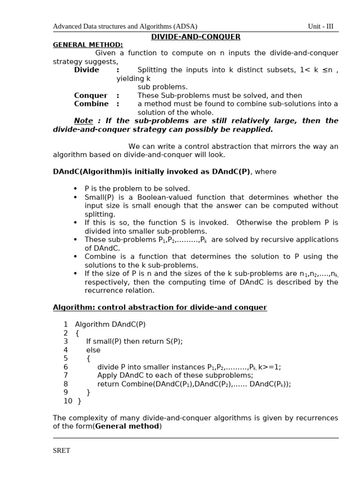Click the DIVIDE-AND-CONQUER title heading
(195, 37)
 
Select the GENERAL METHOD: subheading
(88, 45)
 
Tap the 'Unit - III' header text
(321, 27)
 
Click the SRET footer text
(61, 450)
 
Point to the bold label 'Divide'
(87, 70)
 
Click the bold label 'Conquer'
(90, 96)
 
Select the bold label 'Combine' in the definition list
(91, 104)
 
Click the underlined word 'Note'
(83, 121)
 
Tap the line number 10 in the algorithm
(67, 401)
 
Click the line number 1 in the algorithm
(66, 324)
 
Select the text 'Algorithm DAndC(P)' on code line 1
(110, 324)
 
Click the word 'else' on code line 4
(93, 350)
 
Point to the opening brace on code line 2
(77, 333)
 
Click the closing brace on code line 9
(88, 392)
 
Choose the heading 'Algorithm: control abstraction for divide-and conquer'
(160, 307)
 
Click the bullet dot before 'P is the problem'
(75, 188)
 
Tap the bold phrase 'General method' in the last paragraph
(127, 427)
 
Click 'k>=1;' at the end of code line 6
(270, 367)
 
